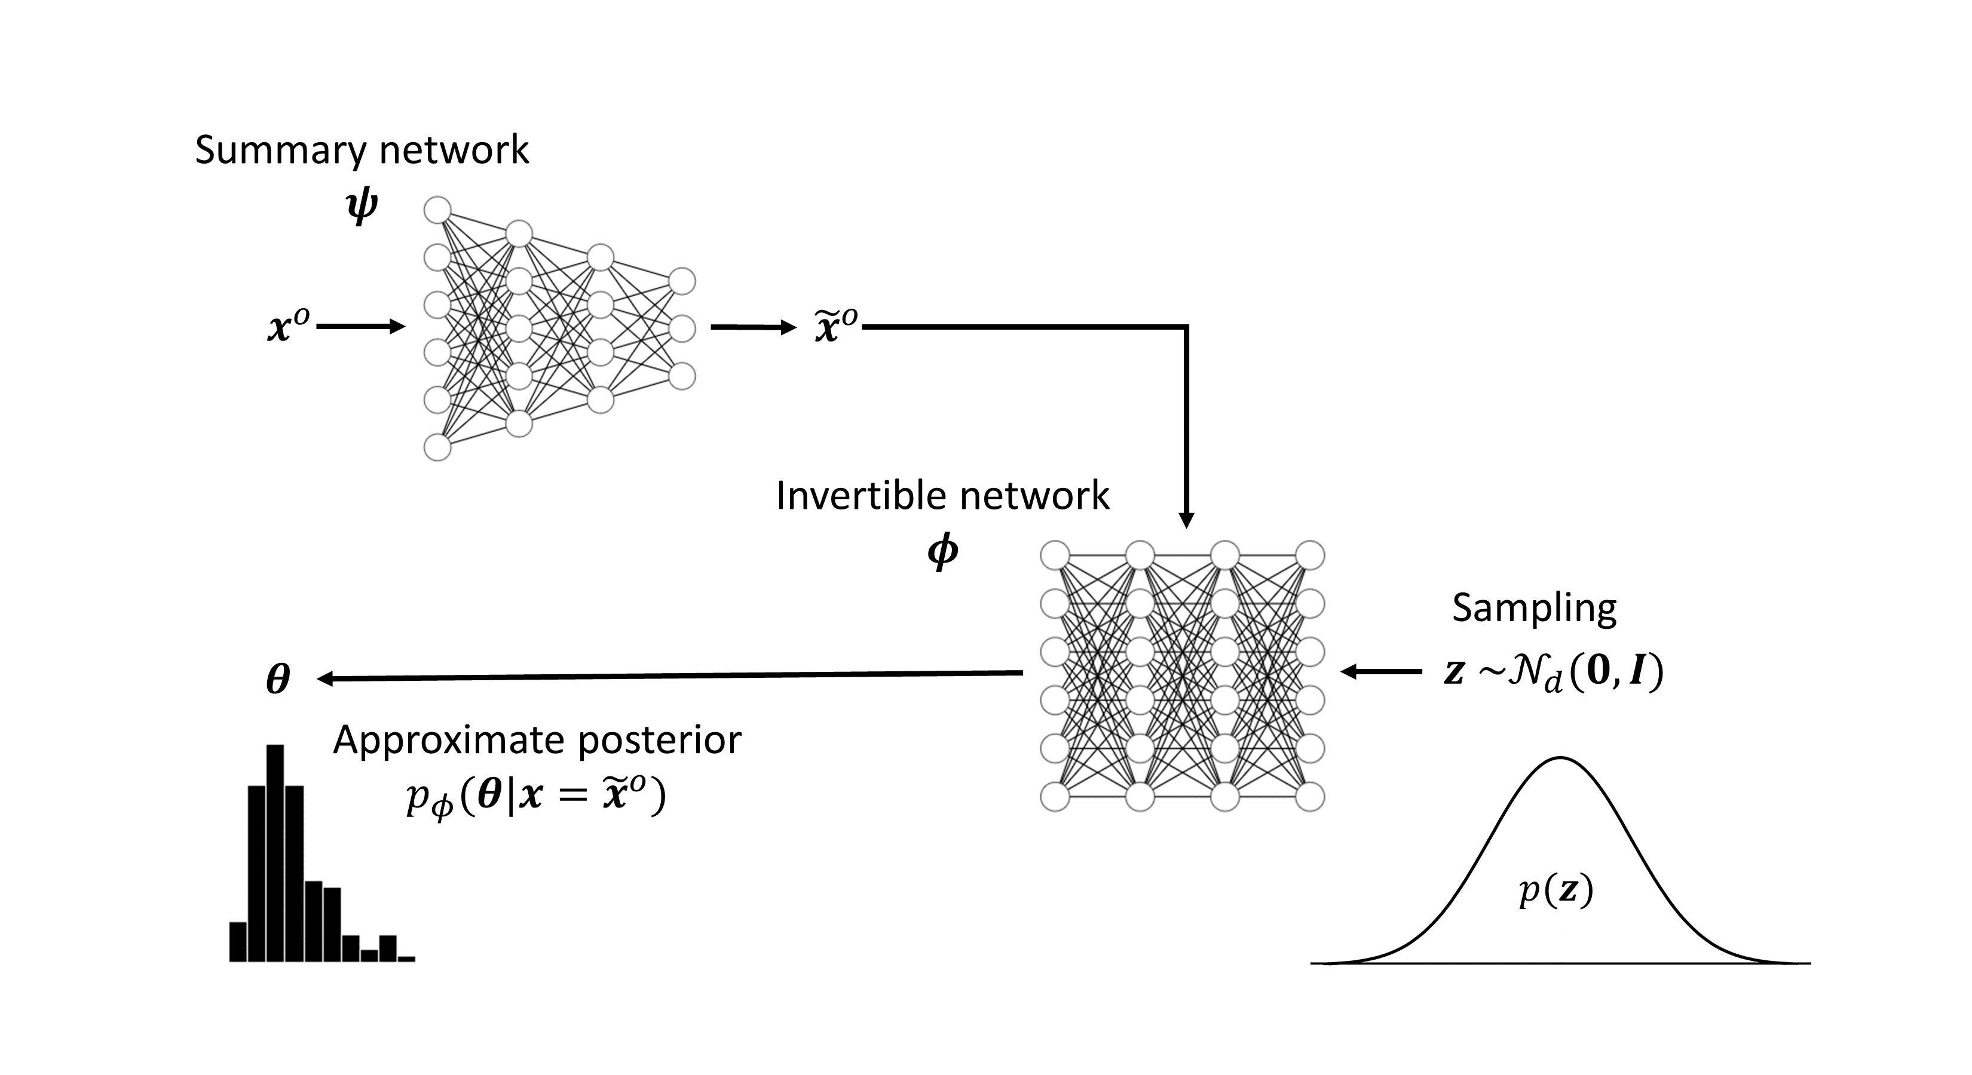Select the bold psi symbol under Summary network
tap(362, 207)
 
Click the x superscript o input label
tap(289, 327)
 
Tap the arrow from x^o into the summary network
tap(360, 327)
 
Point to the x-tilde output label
tap(835, 326)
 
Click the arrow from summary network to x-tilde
tap(754, 327)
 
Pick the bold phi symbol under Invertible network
tap(942, 552)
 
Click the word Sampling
tap(1534, 609)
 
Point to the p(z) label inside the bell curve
tap(1556, 892)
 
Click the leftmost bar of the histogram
tap(238, 941)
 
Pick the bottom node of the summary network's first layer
tap(437, 447)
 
